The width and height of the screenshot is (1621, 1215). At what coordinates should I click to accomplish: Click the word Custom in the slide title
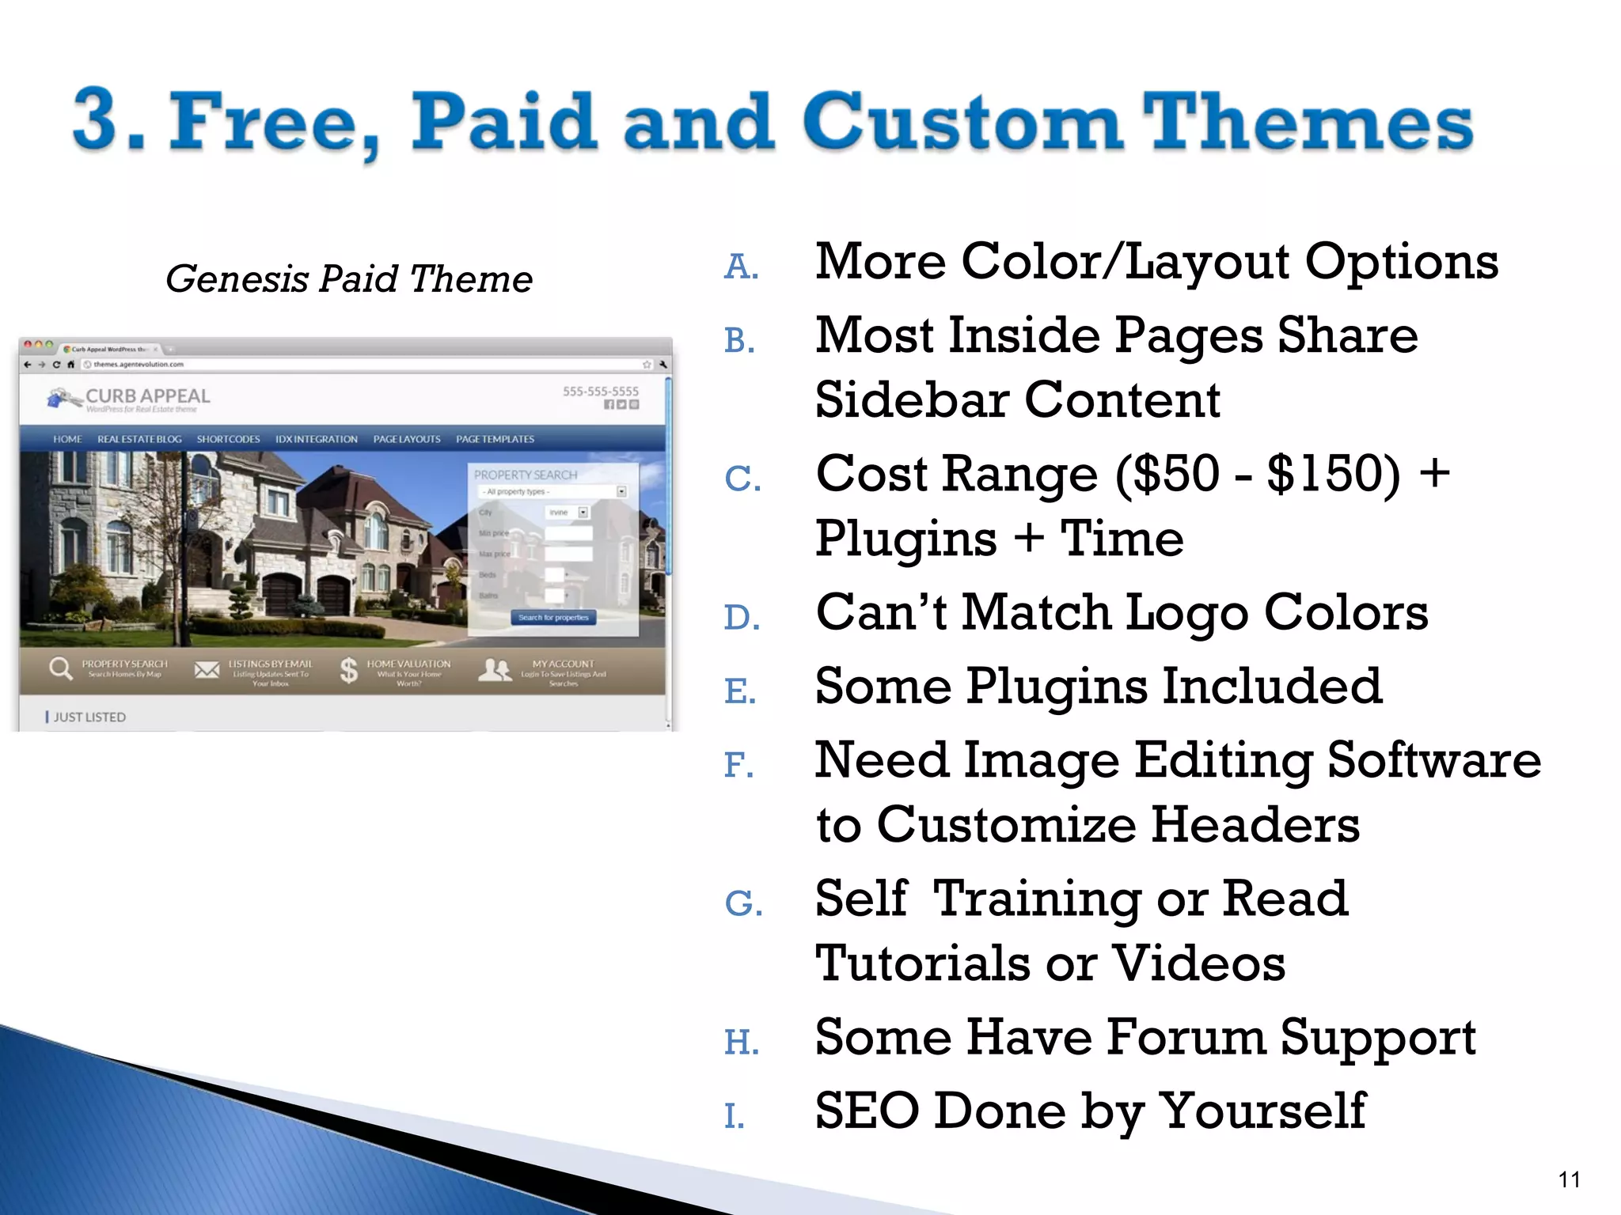(x=962, y=123)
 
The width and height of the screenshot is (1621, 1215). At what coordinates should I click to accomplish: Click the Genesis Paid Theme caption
(x=348, y=279)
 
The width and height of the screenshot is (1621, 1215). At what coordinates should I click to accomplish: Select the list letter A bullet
(x=741, y=267)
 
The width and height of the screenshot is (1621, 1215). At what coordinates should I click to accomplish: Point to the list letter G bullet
(x=742, y=903)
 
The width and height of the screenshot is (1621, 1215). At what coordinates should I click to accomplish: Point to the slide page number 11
(x=1569, y=1180)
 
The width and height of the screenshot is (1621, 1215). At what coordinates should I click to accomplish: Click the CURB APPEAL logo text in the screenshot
(x=147, y=396)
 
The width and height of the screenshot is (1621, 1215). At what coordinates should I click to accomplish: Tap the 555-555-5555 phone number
(x=600, y=391)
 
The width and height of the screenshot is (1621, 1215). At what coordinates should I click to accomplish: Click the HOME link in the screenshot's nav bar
(x=67, y=439)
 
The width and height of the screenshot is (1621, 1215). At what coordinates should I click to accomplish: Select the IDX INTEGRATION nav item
(x=316, y=439)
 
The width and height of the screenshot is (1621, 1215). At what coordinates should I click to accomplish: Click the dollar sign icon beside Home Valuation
(x=348, y=670)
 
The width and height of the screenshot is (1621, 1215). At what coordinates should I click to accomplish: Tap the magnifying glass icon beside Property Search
(x=60, y=669)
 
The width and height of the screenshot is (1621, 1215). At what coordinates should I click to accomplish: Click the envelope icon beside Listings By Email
(x=207, y=670)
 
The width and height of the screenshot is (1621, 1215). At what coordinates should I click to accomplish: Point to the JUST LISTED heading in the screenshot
(x=89, y=717)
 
